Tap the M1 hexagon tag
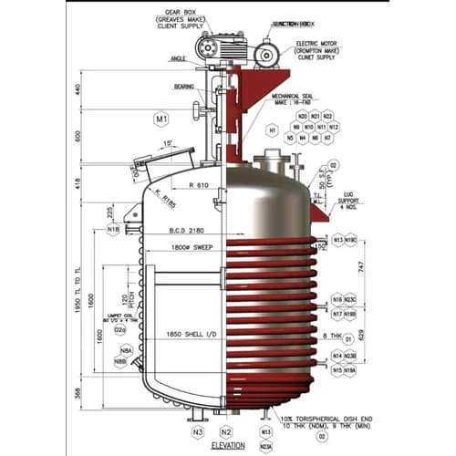coord(162,119)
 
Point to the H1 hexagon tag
coord(272,130)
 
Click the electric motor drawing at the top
coord(265,55)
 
